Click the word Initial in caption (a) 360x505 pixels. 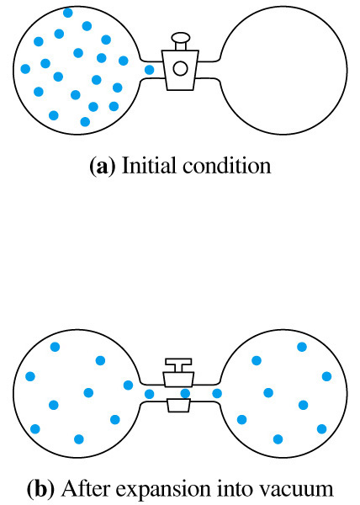click(150, 166)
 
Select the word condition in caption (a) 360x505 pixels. click(227, 166)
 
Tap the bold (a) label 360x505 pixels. click(103, 167)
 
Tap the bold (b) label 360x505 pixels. click(41, 488)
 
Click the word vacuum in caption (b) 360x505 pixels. click(299, 490)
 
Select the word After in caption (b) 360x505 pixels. click(86, 488)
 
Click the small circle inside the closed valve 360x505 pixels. click(180, 68)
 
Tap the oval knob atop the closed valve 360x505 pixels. click(181, 37)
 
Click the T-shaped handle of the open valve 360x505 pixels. click(178, 365)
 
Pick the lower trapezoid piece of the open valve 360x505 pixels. click(178, 405)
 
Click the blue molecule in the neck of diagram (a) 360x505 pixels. click(149, 70)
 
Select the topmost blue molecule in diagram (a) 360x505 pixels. click(67, 13)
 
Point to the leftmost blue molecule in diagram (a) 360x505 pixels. click(25, 69)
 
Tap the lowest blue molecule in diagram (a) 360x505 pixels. click(85, 122)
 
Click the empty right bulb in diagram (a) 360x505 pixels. click(283, 70)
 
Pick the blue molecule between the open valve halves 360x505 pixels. click(185, 393)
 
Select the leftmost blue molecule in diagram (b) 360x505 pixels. click(30, 376)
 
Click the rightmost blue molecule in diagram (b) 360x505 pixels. click(326, 376)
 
